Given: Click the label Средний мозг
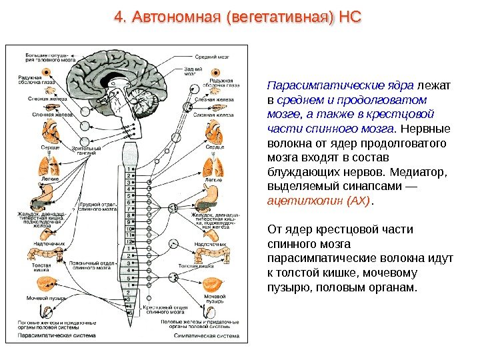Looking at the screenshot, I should click(211, 57).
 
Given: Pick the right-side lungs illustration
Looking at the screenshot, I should click(213, 165).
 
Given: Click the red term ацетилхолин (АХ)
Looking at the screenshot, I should click(317, 200).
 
